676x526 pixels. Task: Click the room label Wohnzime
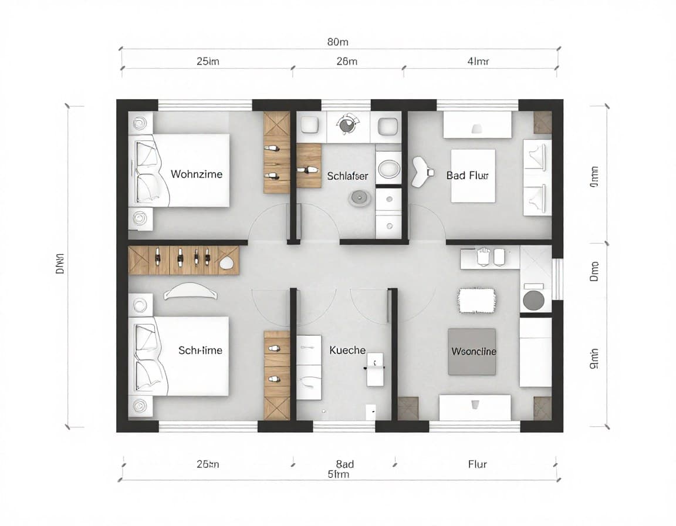(197, 174)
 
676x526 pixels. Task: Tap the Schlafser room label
(348, 176)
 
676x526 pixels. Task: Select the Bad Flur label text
(467, 175)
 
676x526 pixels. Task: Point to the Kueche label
(347, 350)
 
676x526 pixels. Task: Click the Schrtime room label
(200, 350)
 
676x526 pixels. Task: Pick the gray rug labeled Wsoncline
(472, 352)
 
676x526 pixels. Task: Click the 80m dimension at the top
(337, 42)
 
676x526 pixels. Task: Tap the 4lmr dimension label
(478, 61)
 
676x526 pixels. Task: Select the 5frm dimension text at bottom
(338, 474)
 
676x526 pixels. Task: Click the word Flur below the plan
(477, 464)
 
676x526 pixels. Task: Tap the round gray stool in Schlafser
(360, 198)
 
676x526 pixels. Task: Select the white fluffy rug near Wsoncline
(477, 300)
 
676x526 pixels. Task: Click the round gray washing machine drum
(533, 300)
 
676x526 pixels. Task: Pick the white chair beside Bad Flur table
(422, 171)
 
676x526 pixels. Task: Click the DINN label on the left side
(60, 267)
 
